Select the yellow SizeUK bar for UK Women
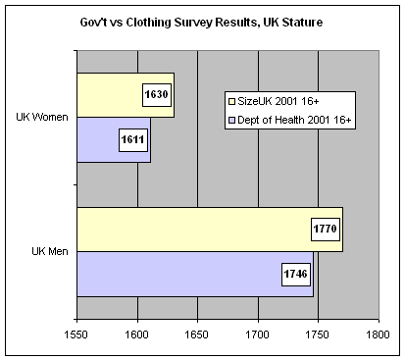pyautogui.click(x=108, y=95)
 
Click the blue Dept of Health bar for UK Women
pyautogui.click(x=103, y=140)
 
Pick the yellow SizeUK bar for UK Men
pyautogui.click(x=186, y=230)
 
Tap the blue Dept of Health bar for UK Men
pyautogui.click(x=177, y=274)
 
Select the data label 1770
pyautogui.click(x=325, y=230)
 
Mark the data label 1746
pyautogui.click(x=296, y=274)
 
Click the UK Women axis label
pyautogui.click(x=41, y=118)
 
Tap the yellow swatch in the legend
pyautogui.click(x=231, y=100)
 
